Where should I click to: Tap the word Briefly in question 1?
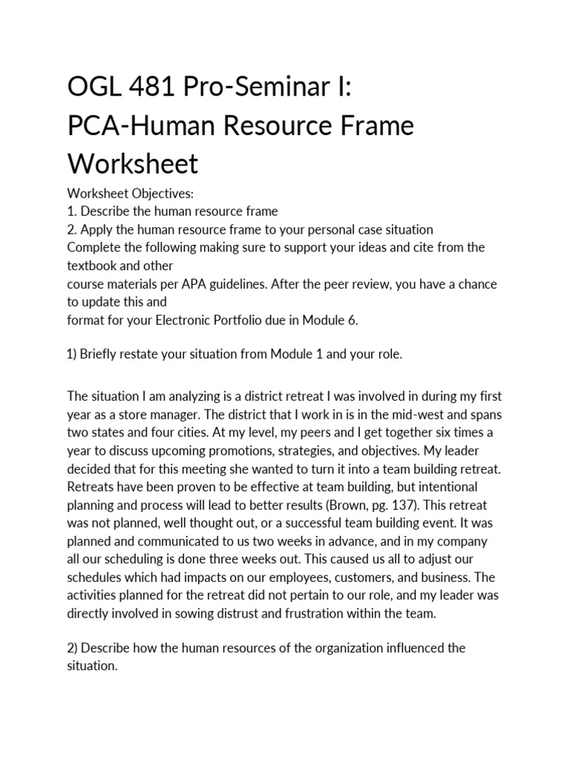tap(103, 354)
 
